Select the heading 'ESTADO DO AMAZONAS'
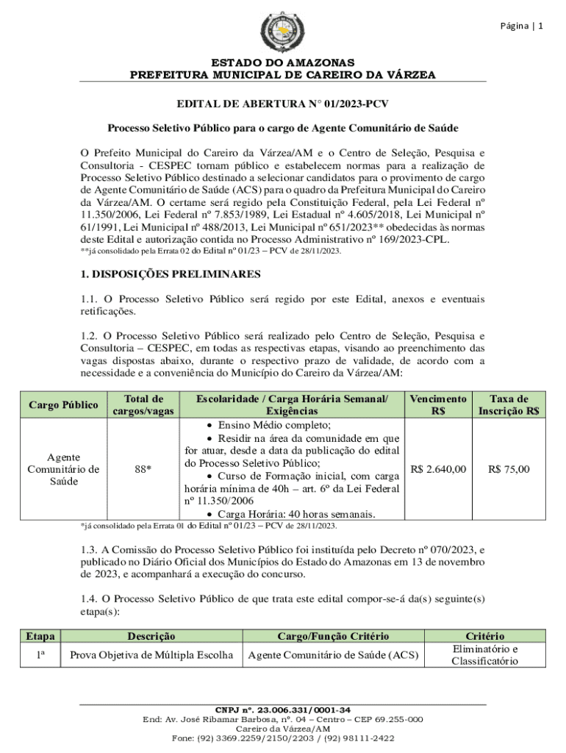pyautogui.click(x=282, y=63)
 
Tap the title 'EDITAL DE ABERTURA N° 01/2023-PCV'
pyautogui.click(x=282, y=106)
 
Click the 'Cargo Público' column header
pyautogui.click(x=62, y=404)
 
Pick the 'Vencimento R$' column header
pyautogui.click(x=438, y=404)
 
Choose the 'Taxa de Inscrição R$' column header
pyautogui.click(x=509, y=404)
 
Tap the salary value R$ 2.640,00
pyautogui.click(x=438, y=468)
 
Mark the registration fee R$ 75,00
pyautogui.click(x=509, y=468)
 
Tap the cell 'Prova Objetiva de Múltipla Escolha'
pyautogui.click(x=151, y=654)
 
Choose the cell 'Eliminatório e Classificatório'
pyautogui.click(x=484, y=654)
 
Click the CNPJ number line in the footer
pyautogui.click(x=282, y=710)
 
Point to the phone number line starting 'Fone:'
pyautogui.click(x=282, y=738)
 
